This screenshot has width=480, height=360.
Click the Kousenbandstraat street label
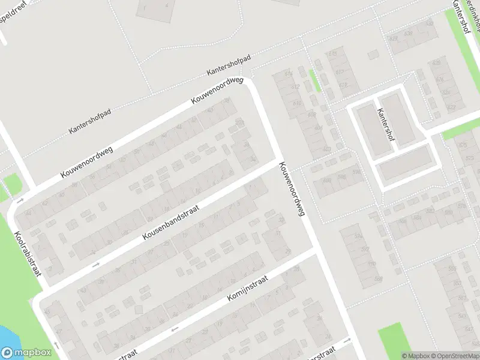point(171,221)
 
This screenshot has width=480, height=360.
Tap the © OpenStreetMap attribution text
point(455,356)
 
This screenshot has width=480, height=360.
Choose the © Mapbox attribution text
point(415,356)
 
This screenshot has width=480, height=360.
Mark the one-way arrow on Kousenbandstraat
point(95,263)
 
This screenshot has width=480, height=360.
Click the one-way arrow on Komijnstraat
point(175,329)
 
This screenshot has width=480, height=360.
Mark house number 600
point(327,179)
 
